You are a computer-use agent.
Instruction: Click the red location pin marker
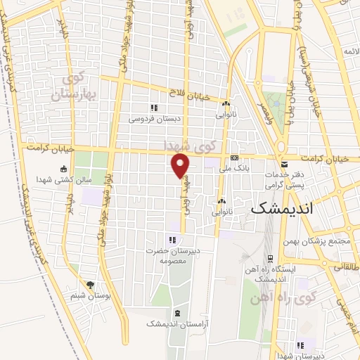(181, 166)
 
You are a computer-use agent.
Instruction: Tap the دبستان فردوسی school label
(154, 119)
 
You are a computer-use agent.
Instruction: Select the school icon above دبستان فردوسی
(154, 107)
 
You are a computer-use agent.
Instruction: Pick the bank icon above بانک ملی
(235, 157)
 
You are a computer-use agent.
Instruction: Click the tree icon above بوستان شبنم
(89, 285)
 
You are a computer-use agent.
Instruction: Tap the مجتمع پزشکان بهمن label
(325, 241)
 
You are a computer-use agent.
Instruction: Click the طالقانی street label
(347, 268)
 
